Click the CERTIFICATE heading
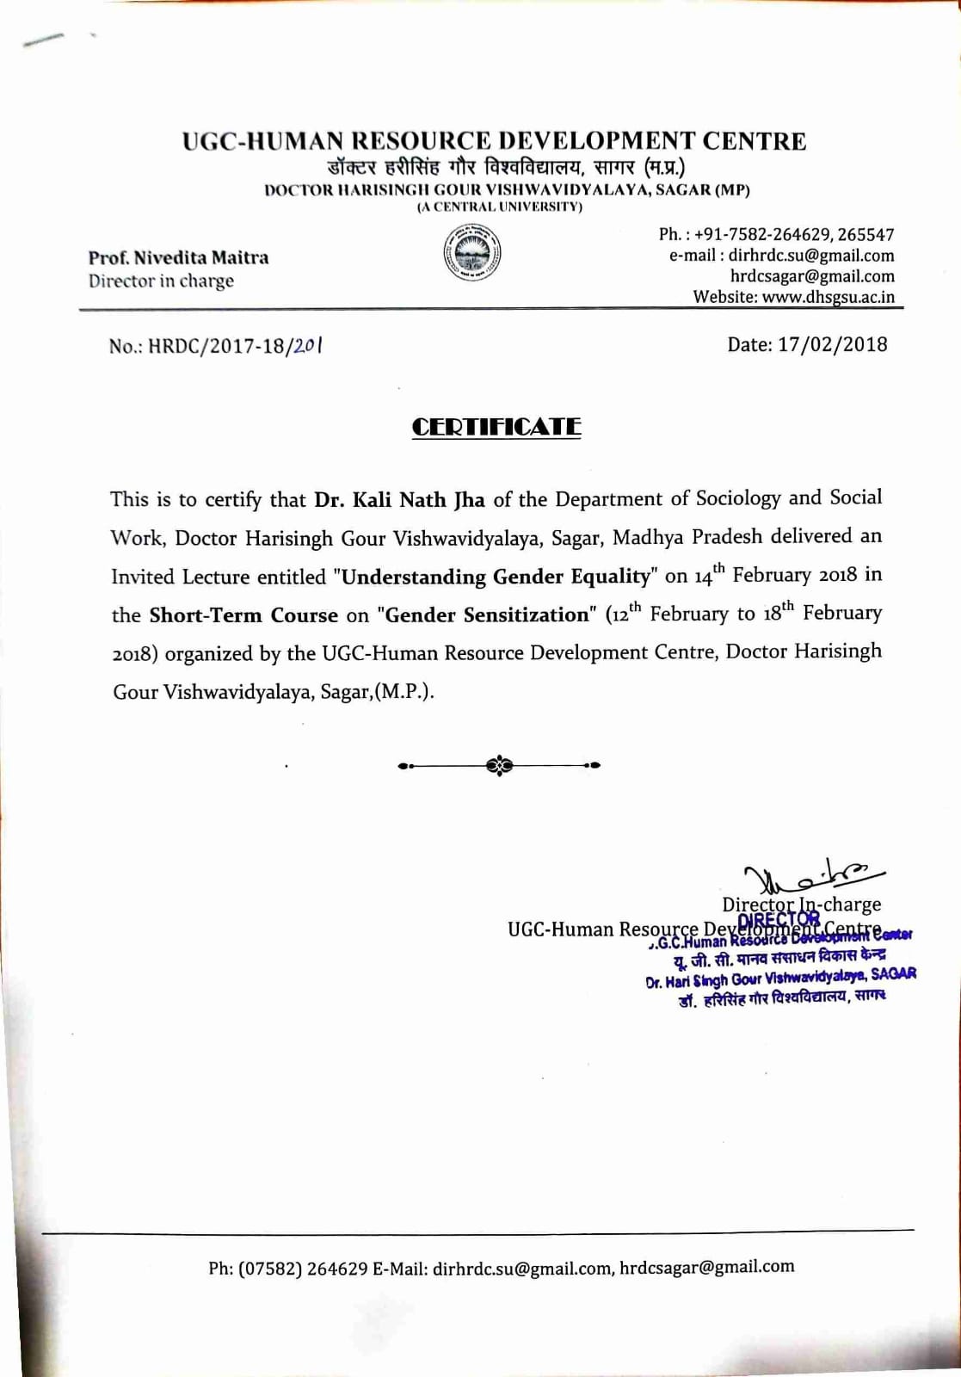pyautogui.click(x=496, y=427)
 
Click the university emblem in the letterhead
pyautogui.click(x=472, y=254)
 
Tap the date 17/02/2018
pyautogui.click(x=833, y=344)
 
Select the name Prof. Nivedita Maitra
pyautogui.click(x=178, y=257)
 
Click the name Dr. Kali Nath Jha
pyautogui.click(x=399, y=499)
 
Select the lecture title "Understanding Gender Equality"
pyautogui.click(x=496, y=576)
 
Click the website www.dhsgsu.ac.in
pyautogui.click(x=829, y=297)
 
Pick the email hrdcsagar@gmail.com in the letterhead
pyautogui.click(x=812, y=276)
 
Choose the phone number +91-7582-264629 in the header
pyautogui.click(x=762, y=234)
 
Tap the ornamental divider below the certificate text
pyautogui.click(x=499, y=764)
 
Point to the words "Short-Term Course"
pyautogui.click(x=243, y=614)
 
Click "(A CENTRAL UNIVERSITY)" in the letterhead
pyautogui.click(x=500, y=207)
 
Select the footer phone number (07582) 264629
pyautogui.click(x=303, y=1268)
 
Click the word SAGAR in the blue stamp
pyautogui.click(x=893, y=974)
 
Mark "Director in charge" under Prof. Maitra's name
pyautogui.click(x=161, y=281)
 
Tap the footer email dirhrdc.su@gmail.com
pyautogui.click(x=521, y=1268)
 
